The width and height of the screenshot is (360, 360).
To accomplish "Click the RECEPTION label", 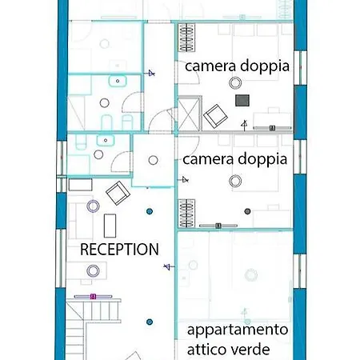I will pyautogui.click(x=120, y=250).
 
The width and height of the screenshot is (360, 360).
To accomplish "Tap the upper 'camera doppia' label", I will pyautogui.click(x=237, y=66).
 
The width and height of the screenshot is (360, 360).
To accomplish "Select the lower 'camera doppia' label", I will pyautogui.click(x=234, y=159).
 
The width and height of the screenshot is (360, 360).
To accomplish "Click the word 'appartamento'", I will pyautogui.click(x=237, y=330).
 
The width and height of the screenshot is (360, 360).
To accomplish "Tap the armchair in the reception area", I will pyautogui.click(x=117, y=192).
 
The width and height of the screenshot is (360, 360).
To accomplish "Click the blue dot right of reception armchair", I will pyautogui.click(x=149, y=211).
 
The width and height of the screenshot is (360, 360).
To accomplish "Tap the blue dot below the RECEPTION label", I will pyautogui.click(x=149, y=322).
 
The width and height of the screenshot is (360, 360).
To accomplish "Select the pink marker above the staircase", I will pyautogui.click(x=94, y=296).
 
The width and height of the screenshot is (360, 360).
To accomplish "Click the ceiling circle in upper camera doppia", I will pyautogui.click(x=234, y=83).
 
